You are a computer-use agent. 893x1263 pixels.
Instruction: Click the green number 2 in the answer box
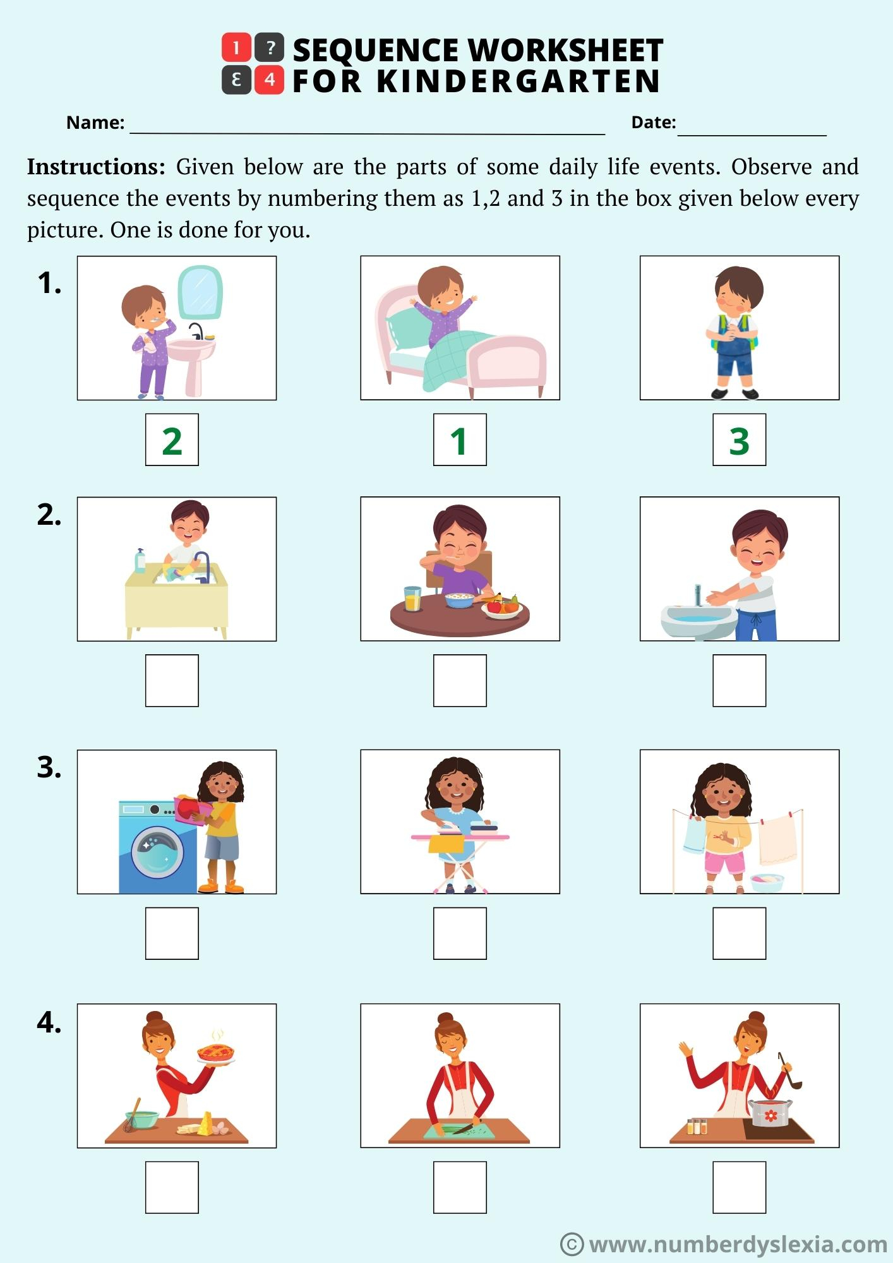coord(172,441)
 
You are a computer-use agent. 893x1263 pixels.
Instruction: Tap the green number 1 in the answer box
coord(459,441)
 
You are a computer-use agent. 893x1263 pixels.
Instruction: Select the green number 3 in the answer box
coord(739,441)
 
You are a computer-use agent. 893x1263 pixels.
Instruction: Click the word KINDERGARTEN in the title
coord(518,81)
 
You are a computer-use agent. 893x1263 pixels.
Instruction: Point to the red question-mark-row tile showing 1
coord(236,48)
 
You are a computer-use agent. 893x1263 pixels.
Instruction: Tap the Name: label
coord(95,123)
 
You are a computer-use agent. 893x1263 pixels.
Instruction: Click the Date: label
coord(653,123)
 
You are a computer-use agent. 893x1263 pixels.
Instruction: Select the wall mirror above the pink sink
coord(200,292)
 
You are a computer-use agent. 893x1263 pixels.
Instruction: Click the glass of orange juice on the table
coord(413,599)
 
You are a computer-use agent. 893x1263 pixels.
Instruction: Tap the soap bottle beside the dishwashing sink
coord(140,561)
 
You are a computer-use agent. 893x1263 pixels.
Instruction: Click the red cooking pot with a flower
coord(770,1113)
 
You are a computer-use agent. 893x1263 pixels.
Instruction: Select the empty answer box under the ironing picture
coord(460,933)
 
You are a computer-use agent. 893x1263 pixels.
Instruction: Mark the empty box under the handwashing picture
coord(739,680)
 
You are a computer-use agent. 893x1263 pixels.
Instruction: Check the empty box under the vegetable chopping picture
coord(460,1187)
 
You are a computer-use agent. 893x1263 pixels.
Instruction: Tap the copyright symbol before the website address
coord(572,1244)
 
